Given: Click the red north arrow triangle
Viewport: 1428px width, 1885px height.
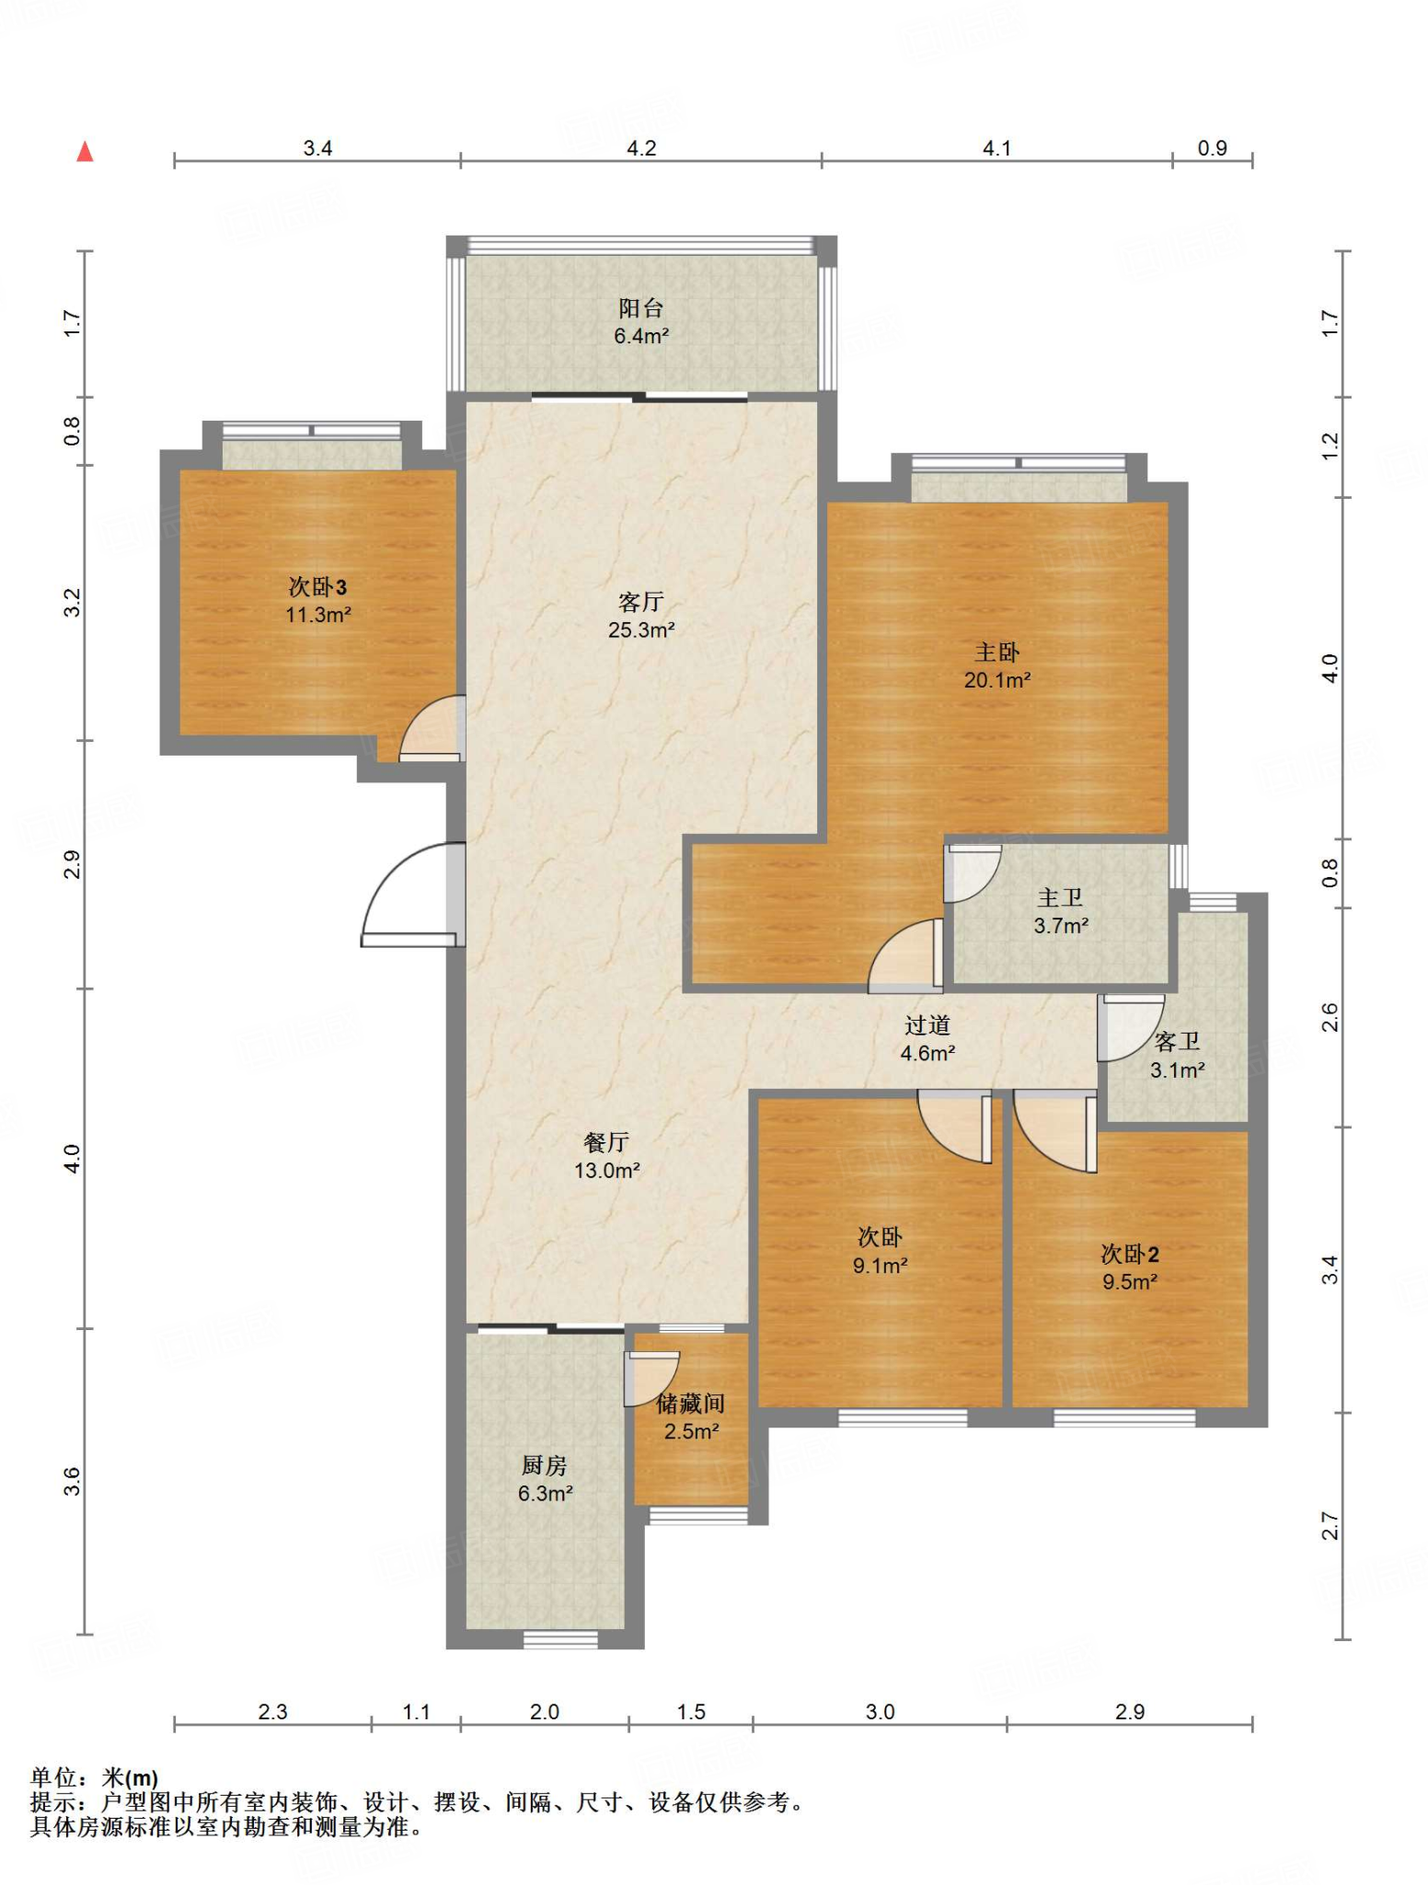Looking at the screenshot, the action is point(85,152).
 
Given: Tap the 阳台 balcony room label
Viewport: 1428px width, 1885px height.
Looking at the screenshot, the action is point(640,308).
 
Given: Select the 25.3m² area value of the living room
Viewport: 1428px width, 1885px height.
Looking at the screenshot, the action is point(641,630).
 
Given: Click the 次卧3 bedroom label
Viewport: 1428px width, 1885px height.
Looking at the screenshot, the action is point(317,587).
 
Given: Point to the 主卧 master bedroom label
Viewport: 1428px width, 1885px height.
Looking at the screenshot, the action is point(997,653).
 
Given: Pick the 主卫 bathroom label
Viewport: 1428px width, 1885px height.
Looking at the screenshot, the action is point(1061,897).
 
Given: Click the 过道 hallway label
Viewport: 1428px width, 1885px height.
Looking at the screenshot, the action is point(927,1025).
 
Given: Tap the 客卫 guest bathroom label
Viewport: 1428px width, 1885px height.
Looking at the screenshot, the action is point(1177,1042).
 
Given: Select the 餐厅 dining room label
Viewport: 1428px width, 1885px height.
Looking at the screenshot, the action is point(606,1142).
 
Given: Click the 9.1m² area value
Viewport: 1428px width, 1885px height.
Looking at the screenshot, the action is point(881,1266).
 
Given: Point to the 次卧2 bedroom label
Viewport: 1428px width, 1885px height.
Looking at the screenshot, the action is point(1130,1254).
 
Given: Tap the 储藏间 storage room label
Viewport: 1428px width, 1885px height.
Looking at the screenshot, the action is point(691,1404).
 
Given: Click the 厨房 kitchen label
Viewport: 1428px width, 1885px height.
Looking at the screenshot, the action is point(545,1465).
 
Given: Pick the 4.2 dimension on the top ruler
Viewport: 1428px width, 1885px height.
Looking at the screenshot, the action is point(641,148).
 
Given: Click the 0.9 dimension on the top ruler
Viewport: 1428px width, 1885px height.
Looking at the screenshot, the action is point(1212,148).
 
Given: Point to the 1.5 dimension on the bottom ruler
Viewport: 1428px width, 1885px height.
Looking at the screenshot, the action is point(691,1712).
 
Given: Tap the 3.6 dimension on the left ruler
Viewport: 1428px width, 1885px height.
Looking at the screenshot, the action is point(73,1482).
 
